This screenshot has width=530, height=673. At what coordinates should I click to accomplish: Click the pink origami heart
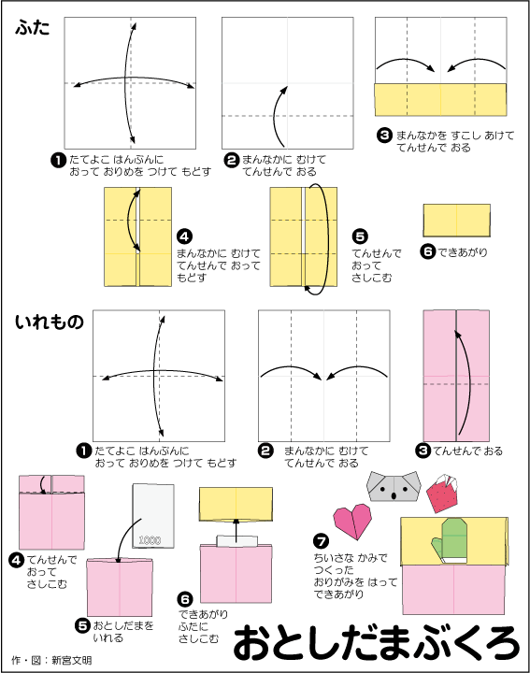(x=352, y=521)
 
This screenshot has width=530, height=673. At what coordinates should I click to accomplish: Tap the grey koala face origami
(x=394, y=486)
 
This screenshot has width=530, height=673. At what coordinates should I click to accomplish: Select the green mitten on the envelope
(x=450, y=541)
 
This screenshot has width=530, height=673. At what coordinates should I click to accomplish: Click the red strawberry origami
(x=442, y=493)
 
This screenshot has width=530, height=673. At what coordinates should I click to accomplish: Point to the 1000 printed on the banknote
(x=150, y=540)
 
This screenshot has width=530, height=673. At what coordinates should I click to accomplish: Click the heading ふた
(x=32, y=28)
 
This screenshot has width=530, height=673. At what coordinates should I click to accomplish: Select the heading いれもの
(x=50, y=322)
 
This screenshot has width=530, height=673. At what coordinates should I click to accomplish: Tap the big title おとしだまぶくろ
(x=377, y=642)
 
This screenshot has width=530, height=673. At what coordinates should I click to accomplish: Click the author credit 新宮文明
(x=72, y=660)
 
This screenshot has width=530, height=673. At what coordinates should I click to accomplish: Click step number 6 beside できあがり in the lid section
(x=428, y=251)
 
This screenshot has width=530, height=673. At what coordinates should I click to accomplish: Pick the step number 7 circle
(x=321, y=541)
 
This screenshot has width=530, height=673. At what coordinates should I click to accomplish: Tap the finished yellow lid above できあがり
(x=456, y=221)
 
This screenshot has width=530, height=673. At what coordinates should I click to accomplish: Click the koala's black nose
(x=394, y=495)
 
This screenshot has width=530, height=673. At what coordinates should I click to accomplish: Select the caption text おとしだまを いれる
(x=123, y=631)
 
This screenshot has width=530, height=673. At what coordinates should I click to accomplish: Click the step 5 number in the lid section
(x=360, y=236)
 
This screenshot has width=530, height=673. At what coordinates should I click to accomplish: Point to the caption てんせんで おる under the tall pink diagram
(x=467, y=451)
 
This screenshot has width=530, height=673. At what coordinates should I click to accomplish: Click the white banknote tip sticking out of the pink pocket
(x=237, y=541)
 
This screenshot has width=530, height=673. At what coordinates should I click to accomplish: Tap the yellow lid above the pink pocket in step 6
(x=236, y=504)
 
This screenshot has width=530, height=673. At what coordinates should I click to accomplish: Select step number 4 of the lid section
(x=184, y=236)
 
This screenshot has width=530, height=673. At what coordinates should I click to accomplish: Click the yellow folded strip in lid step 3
(x=441, y=100)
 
